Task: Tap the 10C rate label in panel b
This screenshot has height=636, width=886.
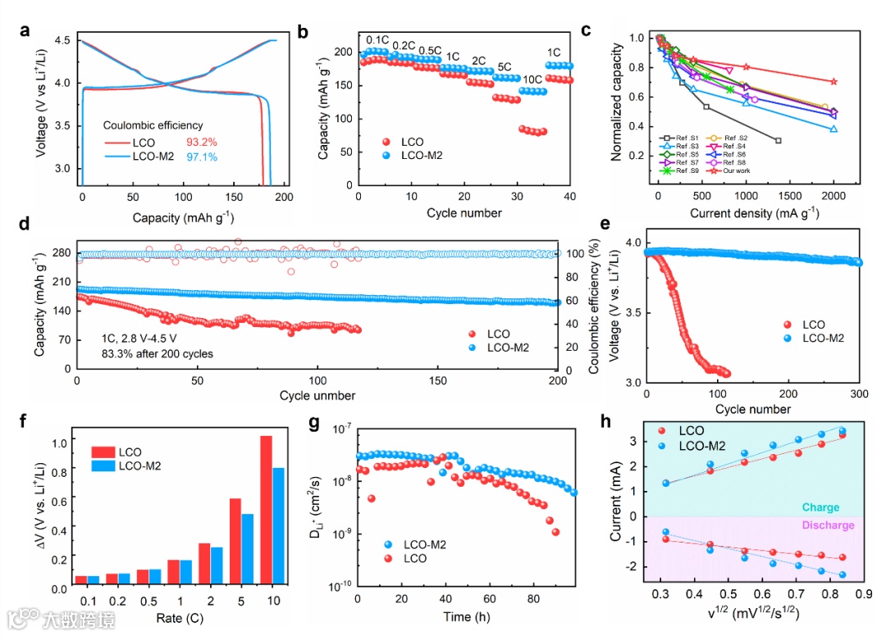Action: coord(532,79)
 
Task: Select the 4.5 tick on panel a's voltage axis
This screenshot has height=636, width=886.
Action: coord(62,40)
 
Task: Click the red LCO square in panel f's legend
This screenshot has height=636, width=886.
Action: coord(103,452)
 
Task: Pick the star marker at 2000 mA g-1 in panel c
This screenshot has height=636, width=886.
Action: coord(833,82)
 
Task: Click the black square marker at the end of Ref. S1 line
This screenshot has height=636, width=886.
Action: coord(778,141)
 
